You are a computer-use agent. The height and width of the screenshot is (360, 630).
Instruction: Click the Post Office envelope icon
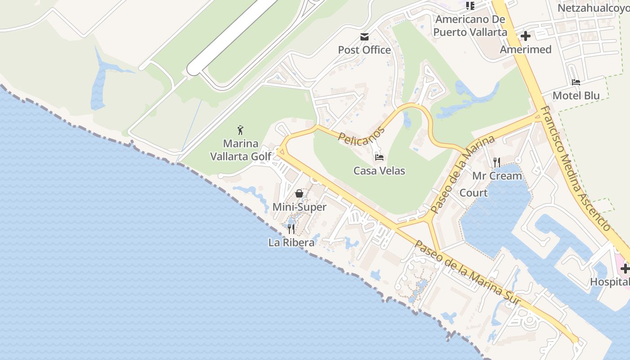tap(364, 36)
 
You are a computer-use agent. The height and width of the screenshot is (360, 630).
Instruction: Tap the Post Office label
tap(364, 50)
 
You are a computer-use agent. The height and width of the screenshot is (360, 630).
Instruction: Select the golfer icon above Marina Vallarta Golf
tap(241, 130)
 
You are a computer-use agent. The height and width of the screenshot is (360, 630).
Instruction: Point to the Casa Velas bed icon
tap(379, 157)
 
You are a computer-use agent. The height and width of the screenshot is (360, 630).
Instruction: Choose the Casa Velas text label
tap(379, 171)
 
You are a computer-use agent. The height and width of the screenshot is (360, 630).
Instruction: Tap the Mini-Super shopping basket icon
tap(299, 193)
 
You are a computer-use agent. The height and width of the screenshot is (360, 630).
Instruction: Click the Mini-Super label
tap(299, 207)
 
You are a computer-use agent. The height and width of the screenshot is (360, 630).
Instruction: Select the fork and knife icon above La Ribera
tap(291, 229)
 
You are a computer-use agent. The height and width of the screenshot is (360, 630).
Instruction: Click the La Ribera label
tap(291, 243)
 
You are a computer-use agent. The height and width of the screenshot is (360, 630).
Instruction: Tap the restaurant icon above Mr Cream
tap(497, 162)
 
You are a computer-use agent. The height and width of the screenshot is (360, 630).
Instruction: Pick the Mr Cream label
tap(497, 176)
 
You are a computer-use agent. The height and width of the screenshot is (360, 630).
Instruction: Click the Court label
tap(473, 193)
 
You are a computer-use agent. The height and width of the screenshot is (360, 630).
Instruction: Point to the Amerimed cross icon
tap(525, 36)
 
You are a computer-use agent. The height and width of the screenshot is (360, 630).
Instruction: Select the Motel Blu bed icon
tap(576, 82)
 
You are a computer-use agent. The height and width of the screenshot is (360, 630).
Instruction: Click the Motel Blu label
tap(576, 95)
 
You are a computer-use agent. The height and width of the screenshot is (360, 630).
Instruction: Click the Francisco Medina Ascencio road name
tap(576, 168)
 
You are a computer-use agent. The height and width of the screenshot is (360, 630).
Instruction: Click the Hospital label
tap(610, 282)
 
